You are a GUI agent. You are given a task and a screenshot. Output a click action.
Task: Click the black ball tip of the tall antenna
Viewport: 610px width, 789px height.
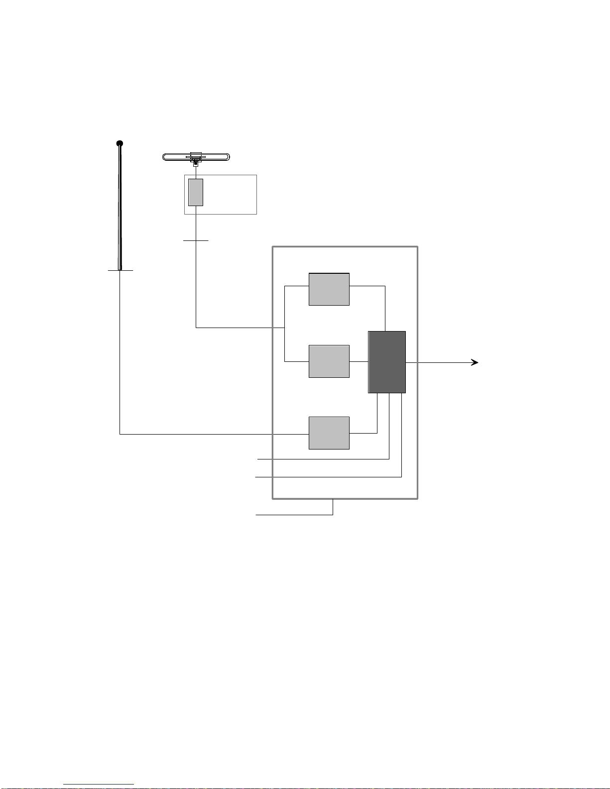(x=120, y=144)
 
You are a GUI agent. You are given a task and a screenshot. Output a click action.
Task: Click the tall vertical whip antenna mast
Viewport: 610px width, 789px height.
(x=120, y=209)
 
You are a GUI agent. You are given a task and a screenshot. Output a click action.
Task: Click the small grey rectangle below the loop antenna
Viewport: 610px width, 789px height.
(x=196, y=192)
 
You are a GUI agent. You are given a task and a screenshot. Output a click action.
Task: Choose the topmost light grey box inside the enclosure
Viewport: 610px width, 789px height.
(x=329, y=289)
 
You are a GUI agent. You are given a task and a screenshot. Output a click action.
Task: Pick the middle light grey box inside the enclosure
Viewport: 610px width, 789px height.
(x=329, y=361)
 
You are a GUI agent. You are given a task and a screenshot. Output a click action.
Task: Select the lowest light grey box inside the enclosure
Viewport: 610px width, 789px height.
(x=329, y=433)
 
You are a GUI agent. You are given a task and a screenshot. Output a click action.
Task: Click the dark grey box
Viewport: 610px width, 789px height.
(x=387, y=362)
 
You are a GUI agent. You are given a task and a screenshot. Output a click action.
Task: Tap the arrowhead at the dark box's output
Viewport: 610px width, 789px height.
(x=475, y=362)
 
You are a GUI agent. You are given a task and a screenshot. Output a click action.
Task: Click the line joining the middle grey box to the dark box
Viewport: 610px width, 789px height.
(x=359, y=361)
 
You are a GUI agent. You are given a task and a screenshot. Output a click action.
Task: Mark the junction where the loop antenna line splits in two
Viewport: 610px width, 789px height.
(x=284, y=328)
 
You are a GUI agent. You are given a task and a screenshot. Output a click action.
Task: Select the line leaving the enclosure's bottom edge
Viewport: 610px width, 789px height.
(x=299, y=514)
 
